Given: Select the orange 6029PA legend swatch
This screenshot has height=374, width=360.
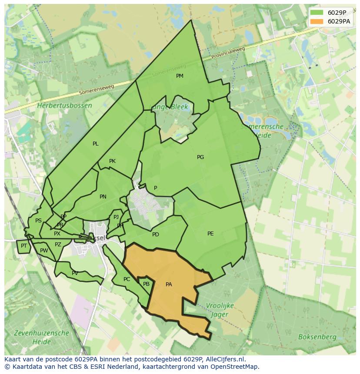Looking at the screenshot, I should (317, 21).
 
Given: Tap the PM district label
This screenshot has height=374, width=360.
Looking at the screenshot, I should (180, 76).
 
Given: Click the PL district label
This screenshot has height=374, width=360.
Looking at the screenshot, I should (96, 144).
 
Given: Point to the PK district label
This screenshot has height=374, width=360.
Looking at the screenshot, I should (112, 161).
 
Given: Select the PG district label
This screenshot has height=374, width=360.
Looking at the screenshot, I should (200, 157).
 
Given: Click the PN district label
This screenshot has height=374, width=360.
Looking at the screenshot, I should (103, 197).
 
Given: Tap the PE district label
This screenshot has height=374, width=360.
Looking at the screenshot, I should (210, 234).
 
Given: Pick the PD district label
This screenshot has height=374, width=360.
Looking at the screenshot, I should (156, 235).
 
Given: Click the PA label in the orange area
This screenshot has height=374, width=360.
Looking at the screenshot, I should (169, 285).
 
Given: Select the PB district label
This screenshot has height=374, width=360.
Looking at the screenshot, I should (146, 284).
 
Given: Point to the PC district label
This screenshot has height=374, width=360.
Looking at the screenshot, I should (127, 279).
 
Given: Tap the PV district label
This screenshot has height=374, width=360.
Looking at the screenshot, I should (75, 273).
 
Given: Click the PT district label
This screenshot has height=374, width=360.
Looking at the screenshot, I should (24, 246).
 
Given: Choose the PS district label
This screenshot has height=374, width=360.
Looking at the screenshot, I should (38, 221).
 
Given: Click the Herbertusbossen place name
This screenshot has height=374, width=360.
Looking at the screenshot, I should (64, 106).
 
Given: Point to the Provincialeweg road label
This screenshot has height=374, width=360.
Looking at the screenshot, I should (228, 53).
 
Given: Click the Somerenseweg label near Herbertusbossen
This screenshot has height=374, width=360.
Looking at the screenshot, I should (97, 89).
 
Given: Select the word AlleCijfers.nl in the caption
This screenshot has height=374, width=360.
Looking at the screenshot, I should (225, 359).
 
